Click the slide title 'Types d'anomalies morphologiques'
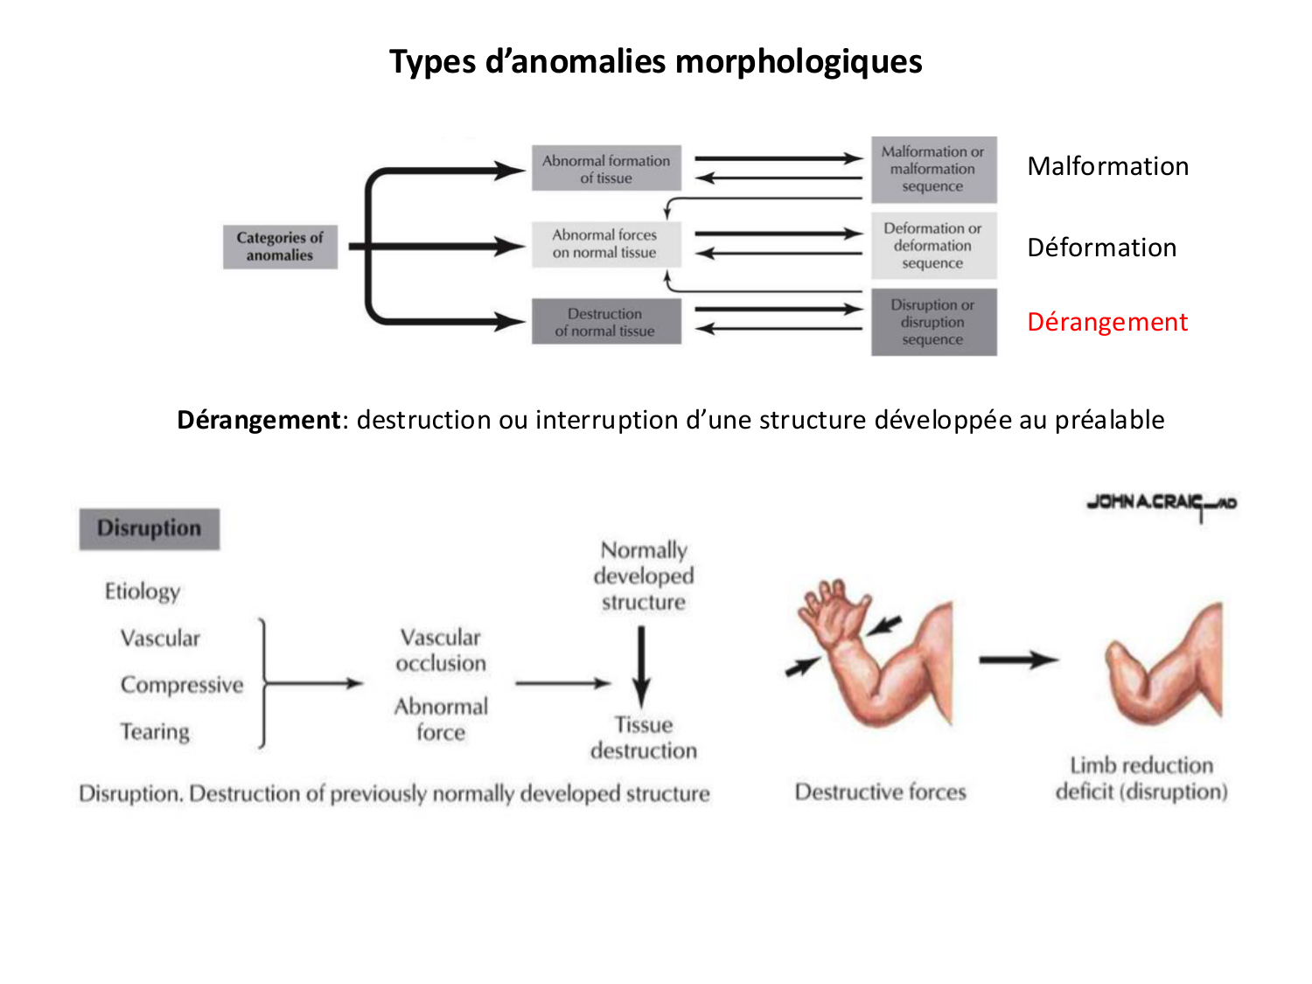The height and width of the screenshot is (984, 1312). tap(655, 62)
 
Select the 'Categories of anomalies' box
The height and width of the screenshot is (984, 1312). tap(280, 247)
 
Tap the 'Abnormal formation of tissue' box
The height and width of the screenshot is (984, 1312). tap(606, 169)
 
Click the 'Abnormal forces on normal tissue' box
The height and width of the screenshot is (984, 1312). tap(604, 244)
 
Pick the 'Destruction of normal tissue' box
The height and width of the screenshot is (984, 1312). tap(605, 322)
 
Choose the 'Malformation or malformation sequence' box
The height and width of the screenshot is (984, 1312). tap(933, 169)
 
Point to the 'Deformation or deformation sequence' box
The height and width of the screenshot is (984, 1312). tap(933, 246)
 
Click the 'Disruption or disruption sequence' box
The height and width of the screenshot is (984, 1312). tap(933, 322)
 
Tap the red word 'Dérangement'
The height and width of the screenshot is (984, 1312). tap(1107, 322)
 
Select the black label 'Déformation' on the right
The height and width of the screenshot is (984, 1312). tap(1101, 248)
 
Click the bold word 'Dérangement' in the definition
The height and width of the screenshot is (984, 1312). tap(258, 420)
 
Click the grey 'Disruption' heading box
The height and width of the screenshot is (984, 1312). tap(150, 528)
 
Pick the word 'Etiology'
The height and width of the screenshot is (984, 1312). tap(143, 591)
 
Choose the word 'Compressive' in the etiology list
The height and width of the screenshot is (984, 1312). tap(182, 685)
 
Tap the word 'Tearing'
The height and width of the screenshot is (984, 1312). tap(155, 731)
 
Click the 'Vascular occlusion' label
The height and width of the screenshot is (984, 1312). tap(441, 650)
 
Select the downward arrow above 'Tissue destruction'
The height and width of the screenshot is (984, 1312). tap(642, 665)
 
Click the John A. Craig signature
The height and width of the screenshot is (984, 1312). tap(1161, 504)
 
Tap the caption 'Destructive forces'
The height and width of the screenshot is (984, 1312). tap(880, 792)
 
